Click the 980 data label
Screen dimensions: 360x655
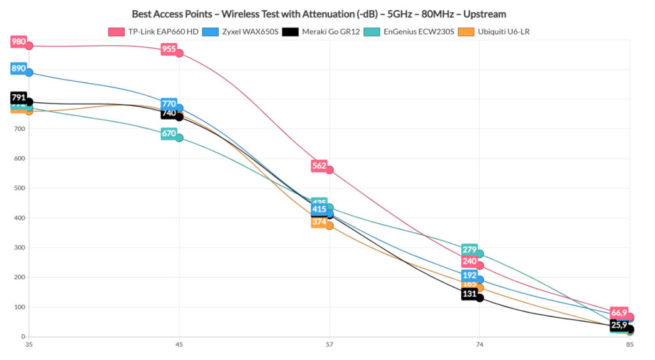19,42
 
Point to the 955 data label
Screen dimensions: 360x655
169,49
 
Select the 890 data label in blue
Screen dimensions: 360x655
19,68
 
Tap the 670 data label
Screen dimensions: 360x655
169,134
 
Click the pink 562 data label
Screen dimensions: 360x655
319,166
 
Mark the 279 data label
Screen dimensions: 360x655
470,249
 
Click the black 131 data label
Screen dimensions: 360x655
470,294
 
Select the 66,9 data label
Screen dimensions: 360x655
619,313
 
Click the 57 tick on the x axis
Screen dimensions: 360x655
329,345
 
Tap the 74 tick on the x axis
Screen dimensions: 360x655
480,345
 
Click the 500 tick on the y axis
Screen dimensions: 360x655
19,188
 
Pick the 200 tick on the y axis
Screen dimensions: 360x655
19,277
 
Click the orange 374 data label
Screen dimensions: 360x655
319,222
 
